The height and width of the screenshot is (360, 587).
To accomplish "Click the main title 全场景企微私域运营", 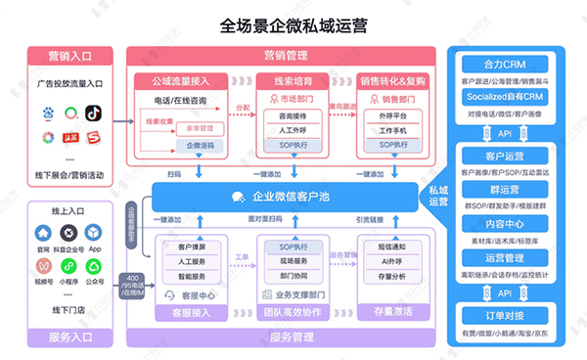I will [x=293, y=25].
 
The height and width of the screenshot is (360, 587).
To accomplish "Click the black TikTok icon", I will [x=94, y=115].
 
